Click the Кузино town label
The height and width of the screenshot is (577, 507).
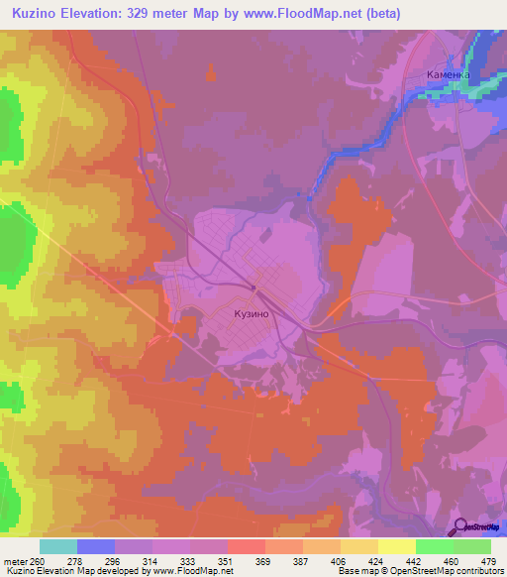point(253,314)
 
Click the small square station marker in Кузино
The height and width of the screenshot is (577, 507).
point(254,289)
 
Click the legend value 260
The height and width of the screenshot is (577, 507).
point(36,560)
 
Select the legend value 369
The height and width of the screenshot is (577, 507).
point(262,560)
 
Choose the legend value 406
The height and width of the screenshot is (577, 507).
point(337,560)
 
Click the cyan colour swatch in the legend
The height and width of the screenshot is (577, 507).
point(58,546)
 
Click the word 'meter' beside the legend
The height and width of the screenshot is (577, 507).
point(13,560)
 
